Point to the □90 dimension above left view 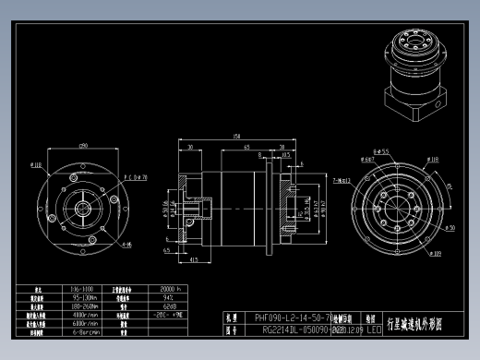click(x=83, y=146)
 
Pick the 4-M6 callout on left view click(x=126, y=245)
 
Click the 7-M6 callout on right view click(x=340, y=180)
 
